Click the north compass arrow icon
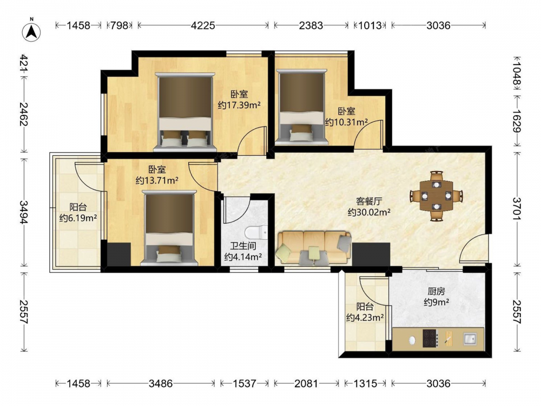coord(31,31)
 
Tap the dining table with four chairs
coord(437,196)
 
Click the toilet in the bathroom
coord(256,232)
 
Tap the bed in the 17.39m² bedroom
coord(185,112)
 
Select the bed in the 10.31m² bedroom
coord(302,106)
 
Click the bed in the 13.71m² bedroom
coord(169,228)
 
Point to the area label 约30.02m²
coord(369,212)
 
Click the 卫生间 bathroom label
coord(243,246)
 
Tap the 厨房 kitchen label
coord(436,291)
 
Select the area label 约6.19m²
coord(78,218)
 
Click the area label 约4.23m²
coord(365,317)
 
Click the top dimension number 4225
coord(203,25)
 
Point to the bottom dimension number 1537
coord(244,383)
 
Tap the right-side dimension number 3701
coord(517,208)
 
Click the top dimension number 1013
coord(370,25)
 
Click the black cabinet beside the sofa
coord(371,254)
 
